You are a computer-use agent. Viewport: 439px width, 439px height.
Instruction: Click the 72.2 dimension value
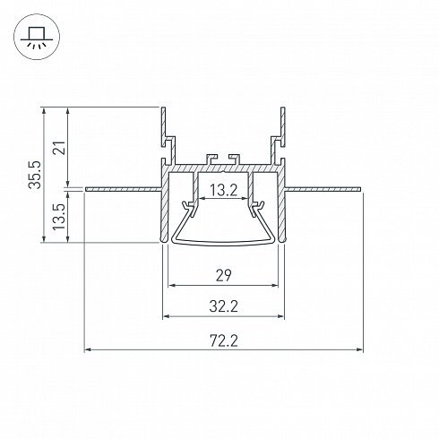coord(224,340)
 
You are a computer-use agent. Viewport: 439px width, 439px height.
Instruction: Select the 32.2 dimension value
coord(224,306)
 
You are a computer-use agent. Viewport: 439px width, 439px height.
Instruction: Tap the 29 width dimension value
coord(224,275)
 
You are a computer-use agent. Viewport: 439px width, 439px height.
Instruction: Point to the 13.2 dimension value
coord(224,190)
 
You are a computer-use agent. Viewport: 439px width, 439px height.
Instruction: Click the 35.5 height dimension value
coord(35,175)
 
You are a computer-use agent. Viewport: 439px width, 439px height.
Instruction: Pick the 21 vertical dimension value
coord(59,148)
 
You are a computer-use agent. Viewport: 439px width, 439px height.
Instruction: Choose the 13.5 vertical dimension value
coord(59,217)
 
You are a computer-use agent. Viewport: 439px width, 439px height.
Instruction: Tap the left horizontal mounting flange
coord(124,189)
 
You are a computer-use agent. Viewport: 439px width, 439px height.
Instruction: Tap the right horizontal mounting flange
coord(323,189)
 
